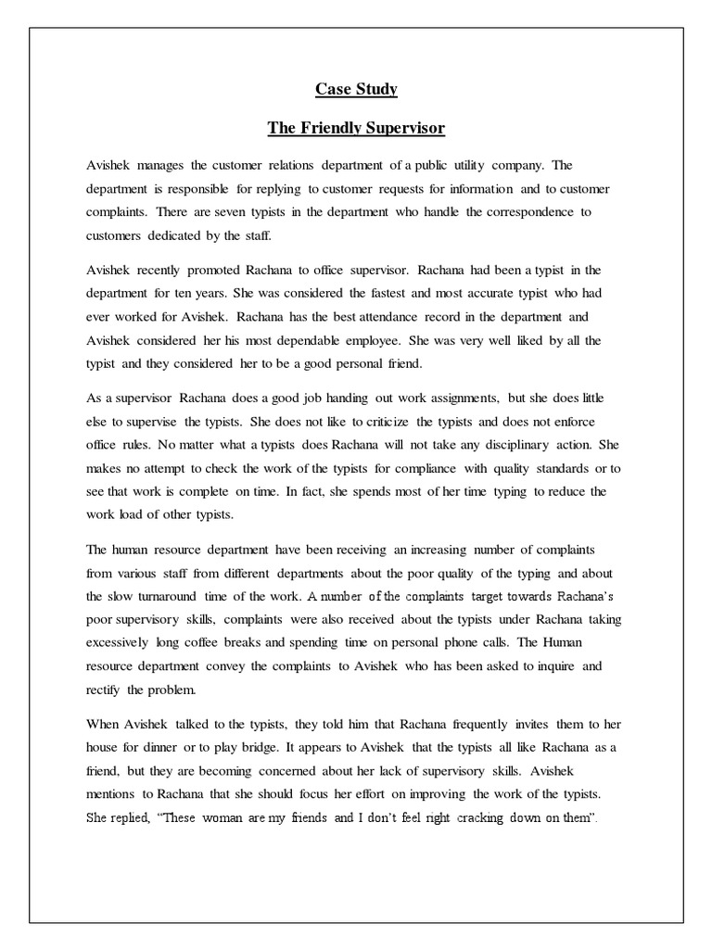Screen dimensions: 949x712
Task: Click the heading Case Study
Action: click(355, 89)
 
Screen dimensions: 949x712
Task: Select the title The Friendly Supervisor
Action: click(355, 129)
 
